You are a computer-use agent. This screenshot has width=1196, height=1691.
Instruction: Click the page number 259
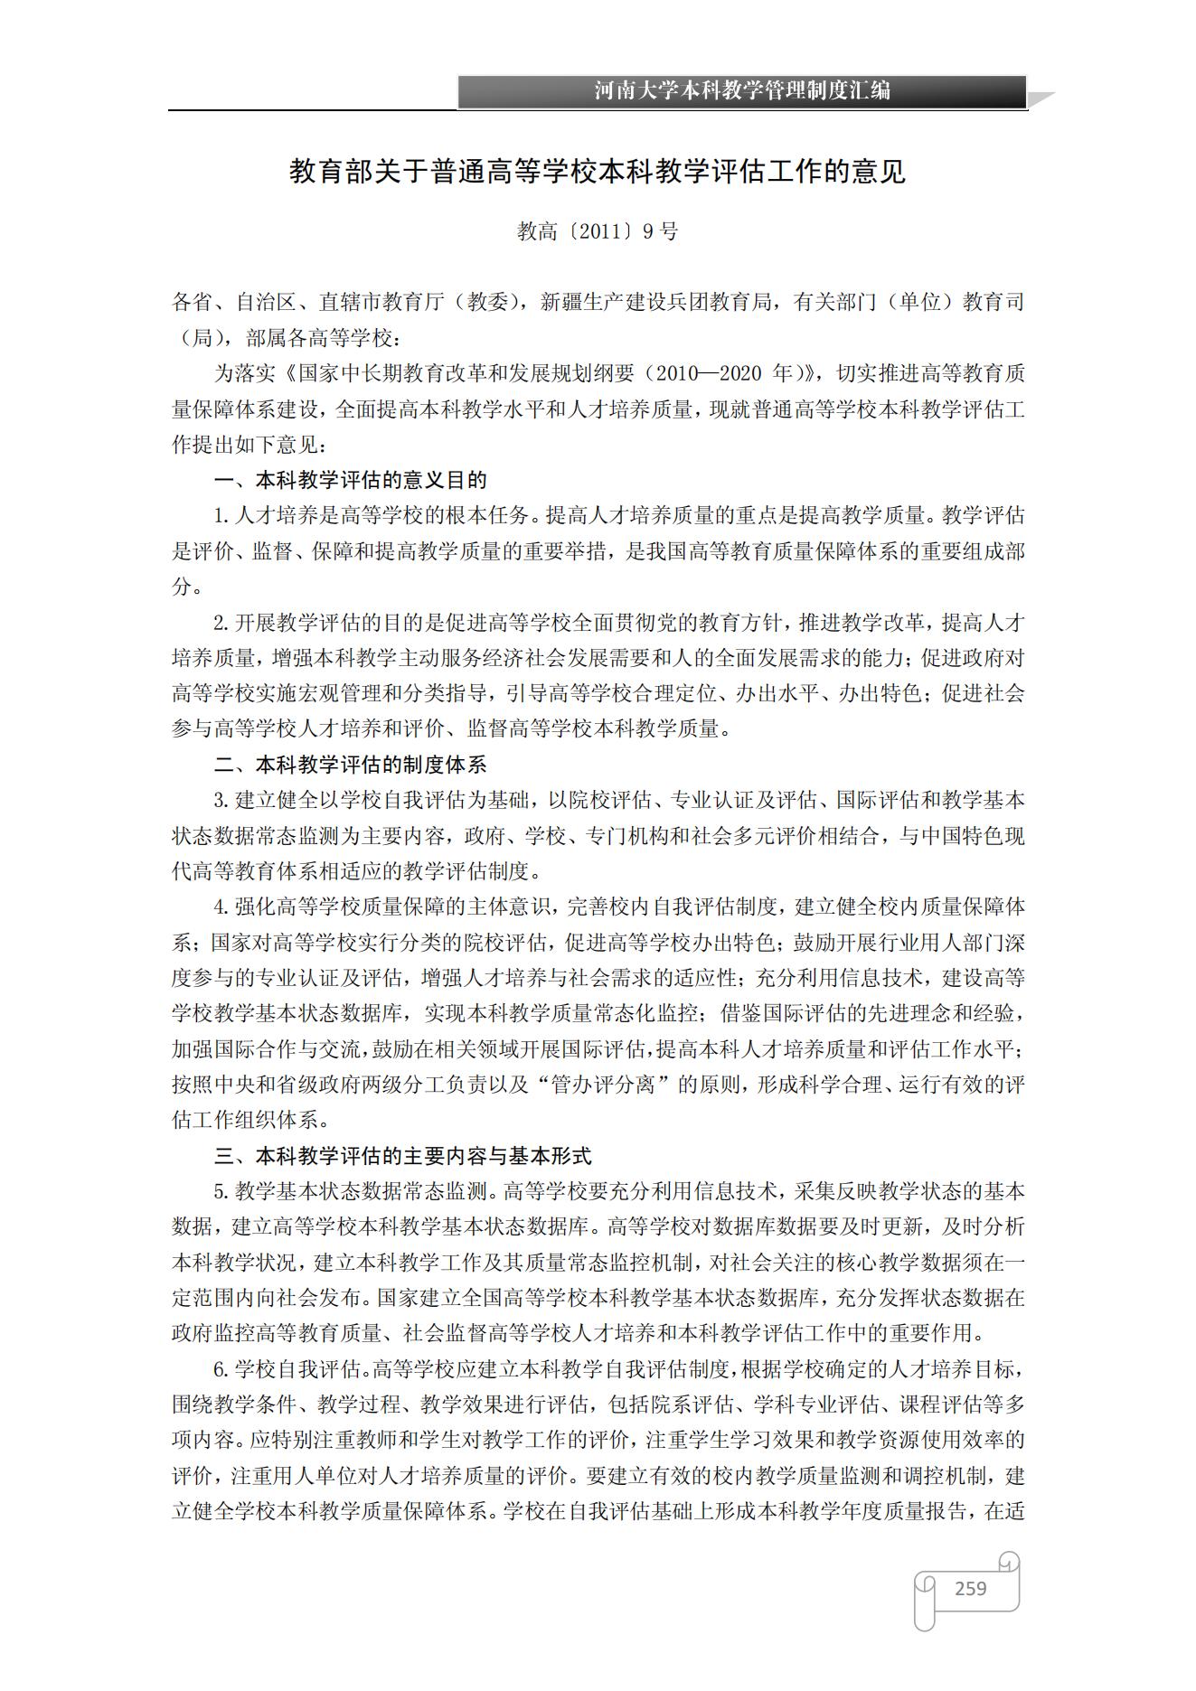pos(970,1588)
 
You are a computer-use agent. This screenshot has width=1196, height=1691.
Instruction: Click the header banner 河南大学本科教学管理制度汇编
pos(741,90)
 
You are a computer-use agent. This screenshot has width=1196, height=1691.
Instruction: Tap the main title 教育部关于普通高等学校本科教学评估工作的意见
pos(597,172)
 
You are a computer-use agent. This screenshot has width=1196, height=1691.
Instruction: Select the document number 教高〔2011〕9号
pos(597,231)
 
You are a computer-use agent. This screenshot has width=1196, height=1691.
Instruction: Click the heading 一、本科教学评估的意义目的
pos(350,480)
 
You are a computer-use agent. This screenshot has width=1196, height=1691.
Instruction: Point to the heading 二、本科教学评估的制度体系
pos(350,765)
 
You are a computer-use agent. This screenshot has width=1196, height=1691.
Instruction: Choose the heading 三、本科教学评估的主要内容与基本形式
pos(402,1155)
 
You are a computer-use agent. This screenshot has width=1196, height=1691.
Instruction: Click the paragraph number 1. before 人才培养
pos(222,516)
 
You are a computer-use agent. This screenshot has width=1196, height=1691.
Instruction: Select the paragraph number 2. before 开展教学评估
pos(222,623)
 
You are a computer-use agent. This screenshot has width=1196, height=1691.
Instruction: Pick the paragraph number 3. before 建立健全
pos(222,801)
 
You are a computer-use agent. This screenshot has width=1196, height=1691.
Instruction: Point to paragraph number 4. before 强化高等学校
pos(222,907)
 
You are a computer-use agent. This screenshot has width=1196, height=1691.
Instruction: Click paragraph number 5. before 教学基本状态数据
pos(222,1191)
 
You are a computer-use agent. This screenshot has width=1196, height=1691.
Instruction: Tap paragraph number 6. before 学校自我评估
pos(222,1369)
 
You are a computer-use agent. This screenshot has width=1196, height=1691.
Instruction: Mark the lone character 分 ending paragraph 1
pos(182,587)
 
